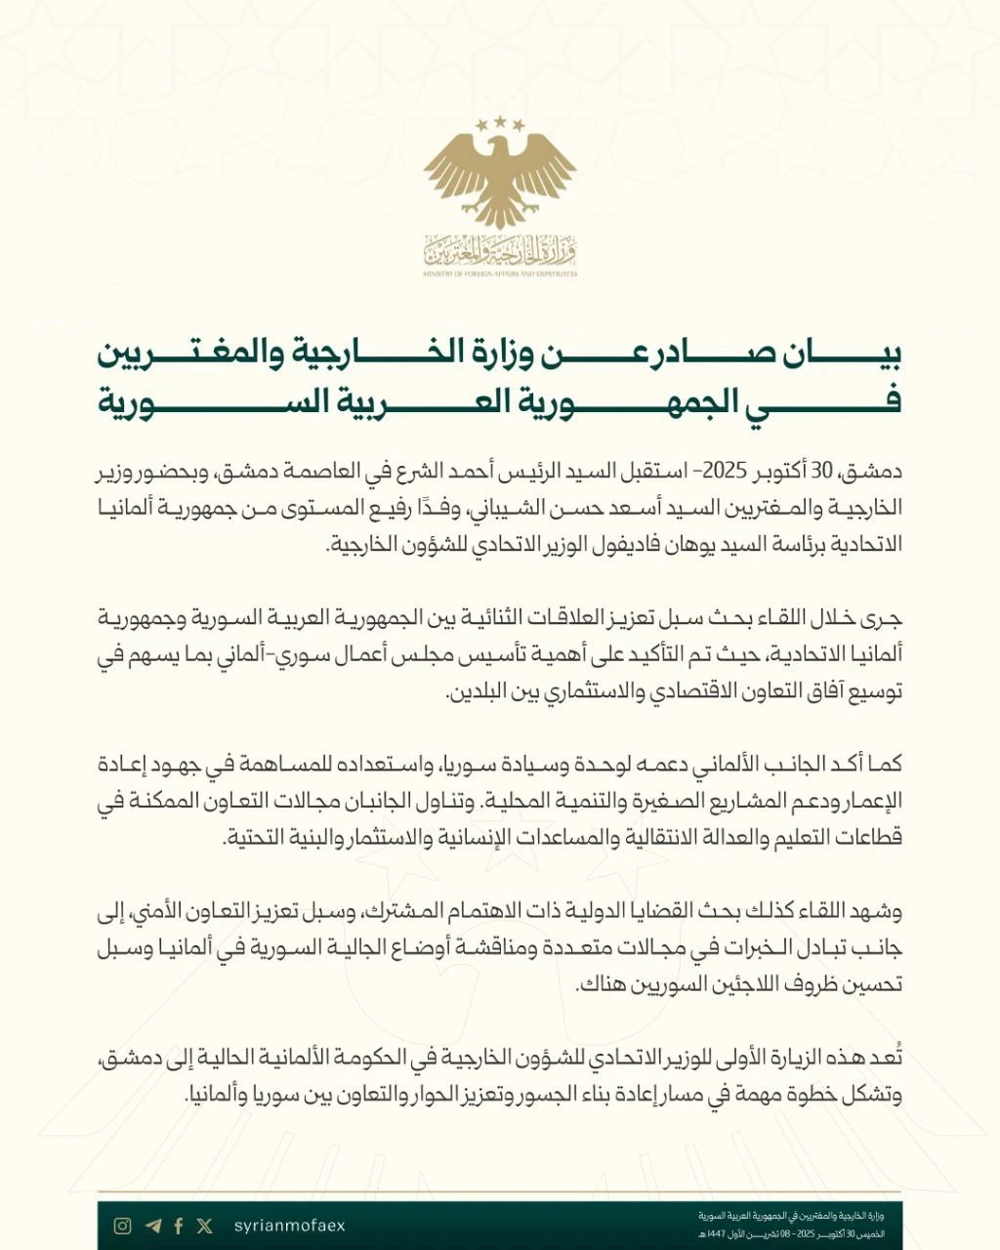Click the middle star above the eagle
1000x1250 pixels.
[x=500, y=121]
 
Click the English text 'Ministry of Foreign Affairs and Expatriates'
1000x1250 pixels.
[x=500, y=273]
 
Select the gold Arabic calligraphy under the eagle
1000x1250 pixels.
[x=500, y=251]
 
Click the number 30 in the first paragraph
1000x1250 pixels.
[x=824, y=470]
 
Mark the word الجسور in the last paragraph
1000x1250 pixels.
[x=508, y=1095]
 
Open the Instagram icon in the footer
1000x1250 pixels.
[x=123, y=1226]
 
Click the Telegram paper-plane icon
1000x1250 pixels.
[x=152, y=1226]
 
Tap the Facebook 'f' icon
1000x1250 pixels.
[x=179, y=1226]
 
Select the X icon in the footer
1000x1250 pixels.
[x=204, y=1226]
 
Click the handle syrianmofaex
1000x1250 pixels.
[x=290, y=1226]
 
